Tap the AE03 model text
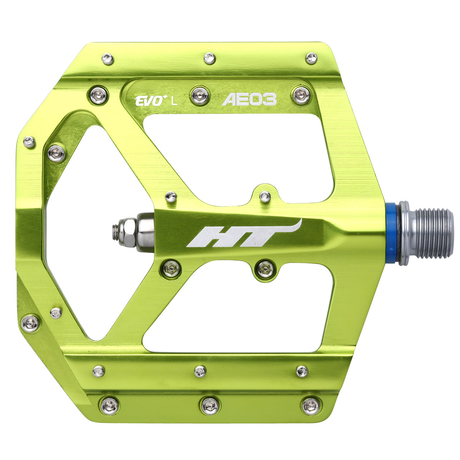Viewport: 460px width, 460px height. (x=249, y=99)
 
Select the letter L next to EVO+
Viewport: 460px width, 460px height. (x=174, y=102)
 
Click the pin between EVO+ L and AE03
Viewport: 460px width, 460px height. (x=200, y=96)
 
